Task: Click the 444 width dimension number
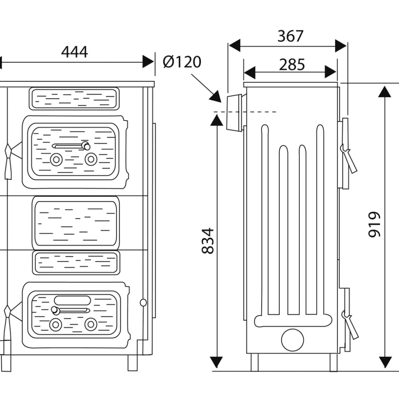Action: [74, 52]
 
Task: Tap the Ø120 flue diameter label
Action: [182, 62]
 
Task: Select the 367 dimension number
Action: [290, 36]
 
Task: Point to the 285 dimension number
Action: [292, 65]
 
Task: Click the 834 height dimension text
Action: [208, 240]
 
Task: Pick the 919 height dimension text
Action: [375, 224]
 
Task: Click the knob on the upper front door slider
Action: [85, 145]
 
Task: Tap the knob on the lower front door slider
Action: [54, 310]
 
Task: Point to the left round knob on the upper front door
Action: [56, 159]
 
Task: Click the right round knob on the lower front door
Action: [90, 324]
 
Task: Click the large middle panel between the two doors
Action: [76, 223]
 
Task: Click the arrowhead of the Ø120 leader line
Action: [217, 97]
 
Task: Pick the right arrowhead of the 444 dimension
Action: [148, 62]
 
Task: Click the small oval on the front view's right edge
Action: [143, 303]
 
